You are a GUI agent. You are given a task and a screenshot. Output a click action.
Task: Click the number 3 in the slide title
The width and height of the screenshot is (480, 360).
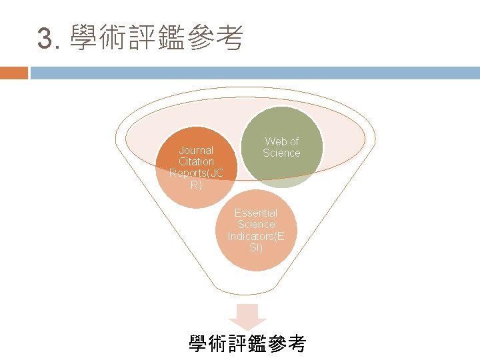45,39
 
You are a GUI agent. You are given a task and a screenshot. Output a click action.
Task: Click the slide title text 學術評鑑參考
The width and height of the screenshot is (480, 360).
156,38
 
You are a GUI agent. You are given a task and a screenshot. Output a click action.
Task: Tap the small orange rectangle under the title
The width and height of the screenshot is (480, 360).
14,73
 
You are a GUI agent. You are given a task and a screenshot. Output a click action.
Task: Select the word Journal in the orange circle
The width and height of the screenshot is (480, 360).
196,150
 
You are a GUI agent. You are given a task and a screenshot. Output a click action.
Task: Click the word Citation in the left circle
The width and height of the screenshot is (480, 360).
196,162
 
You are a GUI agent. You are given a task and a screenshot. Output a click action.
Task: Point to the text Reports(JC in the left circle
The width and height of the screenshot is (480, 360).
196,173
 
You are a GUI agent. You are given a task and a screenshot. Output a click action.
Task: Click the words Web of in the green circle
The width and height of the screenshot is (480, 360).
281,141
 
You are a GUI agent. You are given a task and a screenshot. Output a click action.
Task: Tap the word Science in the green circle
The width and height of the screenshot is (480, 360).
281,153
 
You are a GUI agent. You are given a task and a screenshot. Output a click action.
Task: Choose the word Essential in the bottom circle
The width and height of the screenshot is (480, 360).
256,213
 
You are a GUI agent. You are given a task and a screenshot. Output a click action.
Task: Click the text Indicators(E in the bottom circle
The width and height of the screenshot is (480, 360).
256,237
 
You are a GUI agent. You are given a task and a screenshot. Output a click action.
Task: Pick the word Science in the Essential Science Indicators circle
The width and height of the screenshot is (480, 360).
256,225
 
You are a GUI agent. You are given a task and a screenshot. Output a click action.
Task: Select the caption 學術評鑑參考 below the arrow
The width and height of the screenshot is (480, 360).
247,344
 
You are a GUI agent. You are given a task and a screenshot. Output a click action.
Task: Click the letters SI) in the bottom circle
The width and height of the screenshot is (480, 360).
256,248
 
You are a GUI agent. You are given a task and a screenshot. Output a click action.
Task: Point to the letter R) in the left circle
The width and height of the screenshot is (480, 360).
196,185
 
